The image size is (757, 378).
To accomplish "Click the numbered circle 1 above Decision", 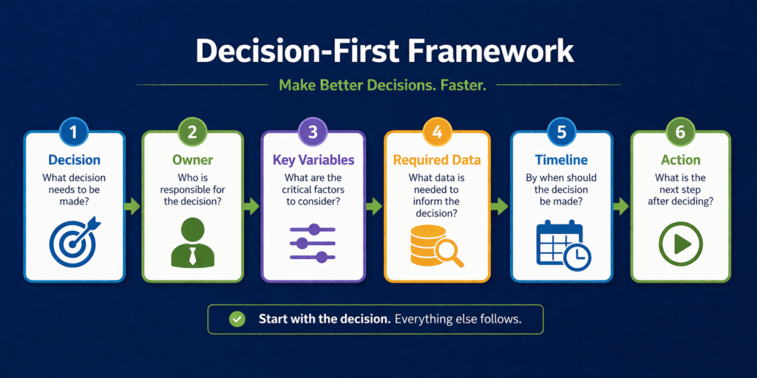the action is pos(73,131).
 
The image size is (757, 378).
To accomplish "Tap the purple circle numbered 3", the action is pos(313,131).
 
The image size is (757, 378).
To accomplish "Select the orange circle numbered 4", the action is pos(437,131).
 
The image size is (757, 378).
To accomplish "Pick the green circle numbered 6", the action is pos(680,131).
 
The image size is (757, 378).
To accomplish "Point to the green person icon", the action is pos(192,242).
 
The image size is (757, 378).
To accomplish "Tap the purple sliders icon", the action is pos(313,243).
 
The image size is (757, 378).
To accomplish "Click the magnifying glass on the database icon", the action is pos(449,252).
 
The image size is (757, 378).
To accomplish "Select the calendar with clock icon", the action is pos(563,244).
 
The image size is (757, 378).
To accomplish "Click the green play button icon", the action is pos(680,244).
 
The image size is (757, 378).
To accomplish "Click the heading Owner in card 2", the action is pos(192,160).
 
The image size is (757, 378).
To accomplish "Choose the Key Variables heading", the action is pos(313,160).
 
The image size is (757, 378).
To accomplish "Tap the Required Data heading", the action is pos(437,160).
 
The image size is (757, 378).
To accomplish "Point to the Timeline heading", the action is pos(562,160).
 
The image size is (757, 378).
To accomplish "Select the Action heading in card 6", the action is pos(680,160).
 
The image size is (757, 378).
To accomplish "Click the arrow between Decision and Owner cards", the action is pos(132,207).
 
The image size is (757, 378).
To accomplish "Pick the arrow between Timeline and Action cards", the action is pos(621,207).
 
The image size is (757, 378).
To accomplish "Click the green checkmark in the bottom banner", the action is pos(237,319).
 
